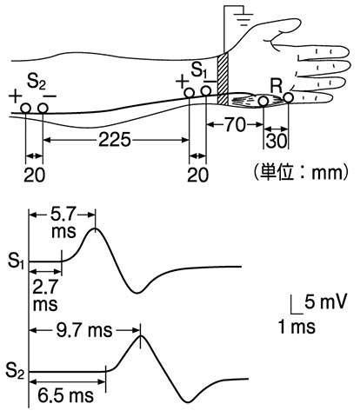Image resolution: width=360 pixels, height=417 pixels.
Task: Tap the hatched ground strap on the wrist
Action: click(223, 78)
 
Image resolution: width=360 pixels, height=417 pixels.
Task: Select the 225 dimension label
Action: click(115, 140)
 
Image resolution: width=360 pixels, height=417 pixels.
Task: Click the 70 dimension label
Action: click(235, 125)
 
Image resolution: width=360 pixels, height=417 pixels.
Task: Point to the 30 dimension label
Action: click(276, 141)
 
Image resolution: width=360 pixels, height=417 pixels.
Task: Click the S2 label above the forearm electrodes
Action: click(37, 82)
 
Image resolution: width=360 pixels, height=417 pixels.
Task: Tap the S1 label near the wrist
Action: click(199, 70)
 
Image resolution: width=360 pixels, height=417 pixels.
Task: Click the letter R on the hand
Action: click(277, 86)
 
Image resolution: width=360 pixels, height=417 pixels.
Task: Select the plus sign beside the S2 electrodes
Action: click(15, 97)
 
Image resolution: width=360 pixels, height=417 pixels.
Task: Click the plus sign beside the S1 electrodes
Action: click(182, 82)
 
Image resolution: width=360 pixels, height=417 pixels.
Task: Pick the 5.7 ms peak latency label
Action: click(63, 222)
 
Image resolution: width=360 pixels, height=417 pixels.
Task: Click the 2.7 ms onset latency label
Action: click(45, 295)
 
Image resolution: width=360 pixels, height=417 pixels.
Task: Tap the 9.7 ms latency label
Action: click(83, 330)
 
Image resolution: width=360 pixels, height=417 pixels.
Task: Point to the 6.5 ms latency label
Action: click(65, 395)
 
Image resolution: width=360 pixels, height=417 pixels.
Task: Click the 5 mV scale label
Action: click(325, 302)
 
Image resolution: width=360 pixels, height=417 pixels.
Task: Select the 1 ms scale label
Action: click(297, 327)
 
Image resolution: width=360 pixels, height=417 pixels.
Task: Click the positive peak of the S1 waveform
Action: click(95, 228)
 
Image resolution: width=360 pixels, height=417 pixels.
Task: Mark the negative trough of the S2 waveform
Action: click(188, 402)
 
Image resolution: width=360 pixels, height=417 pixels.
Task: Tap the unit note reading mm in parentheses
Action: click(301, 173)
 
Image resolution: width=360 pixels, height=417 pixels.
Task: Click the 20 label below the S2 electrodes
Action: click(34, 175)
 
